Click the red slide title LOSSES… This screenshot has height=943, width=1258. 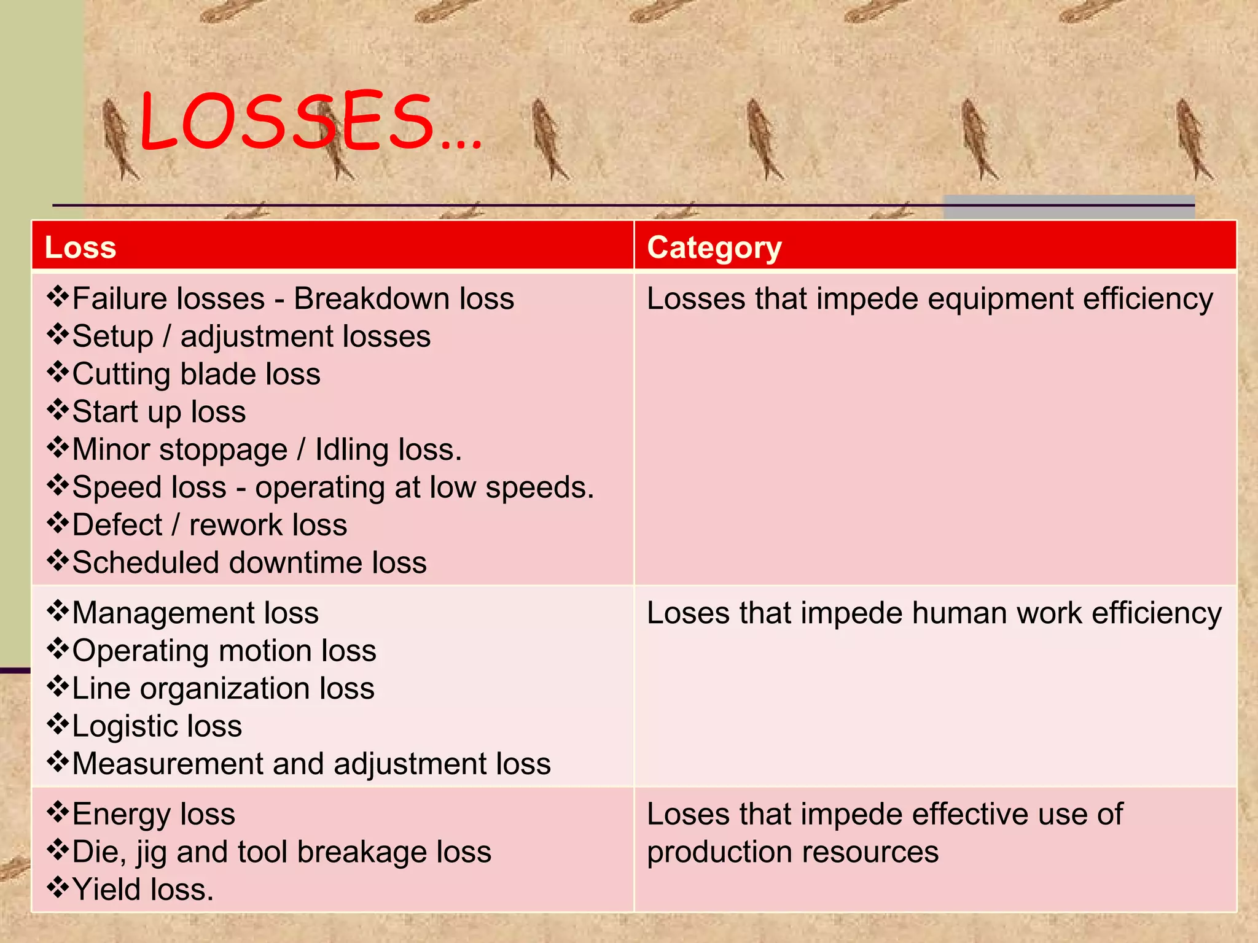click(310, 122)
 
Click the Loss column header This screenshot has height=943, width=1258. click(80, 247)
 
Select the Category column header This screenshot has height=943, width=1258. click(714, 247)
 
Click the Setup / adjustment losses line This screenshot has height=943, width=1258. click(251, 336)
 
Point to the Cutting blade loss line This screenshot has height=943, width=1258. click(196, 374)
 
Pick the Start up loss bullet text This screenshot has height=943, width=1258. click(158, 412)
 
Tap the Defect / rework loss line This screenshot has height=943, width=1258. click(209, 526)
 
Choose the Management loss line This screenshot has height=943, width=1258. click(195, 613)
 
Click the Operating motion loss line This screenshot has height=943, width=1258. click(224, 651)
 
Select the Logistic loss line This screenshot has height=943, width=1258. click(157, 726)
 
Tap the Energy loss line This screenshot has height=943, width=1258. click(154, 815)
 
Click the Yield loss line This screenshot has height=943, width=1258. click(143, 890)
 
